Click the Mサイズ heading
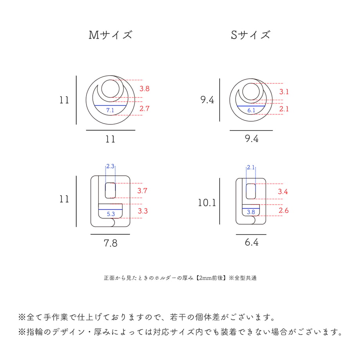click(110, 35)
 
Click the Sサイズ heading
click(250, 35)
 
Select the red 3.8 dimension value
click(144, 88)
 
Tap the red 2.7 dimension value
click(144, 108)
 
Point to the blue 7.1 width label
click(110, 110)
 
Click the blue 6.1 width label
click(251, 110)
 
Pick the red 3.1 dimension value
click(284, 92)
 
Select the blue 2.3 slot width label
click(110, 166)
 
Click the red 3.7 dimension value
click(142, 191)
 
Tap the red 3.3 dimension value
click(142, 211)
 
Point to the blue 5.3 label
click(111, 214)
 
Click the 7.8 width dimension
click(110, 243)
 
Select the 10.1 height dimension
click(207, 203)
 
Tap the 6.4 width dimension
click(251, 242)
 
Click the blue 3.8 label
click(251, 212)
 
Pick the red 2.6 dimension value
click(284, 211)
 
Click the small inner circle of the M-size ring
click(110, 80)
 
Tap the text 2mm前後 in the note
click(211, 278)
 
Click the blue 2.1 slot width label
click(251, 167)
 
